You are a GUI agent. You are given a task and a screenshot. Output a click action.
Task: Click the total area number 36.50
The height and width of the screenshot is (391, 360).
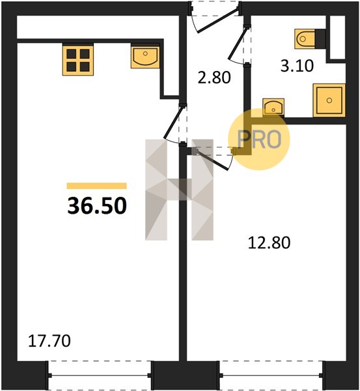97,206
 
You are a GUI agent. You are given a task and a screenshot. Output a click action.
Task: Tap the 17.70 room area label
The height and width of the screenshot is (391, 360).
49,341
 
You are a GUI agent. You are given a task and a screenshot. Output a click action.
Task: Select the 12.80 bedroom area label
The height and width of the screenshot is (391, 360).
269,242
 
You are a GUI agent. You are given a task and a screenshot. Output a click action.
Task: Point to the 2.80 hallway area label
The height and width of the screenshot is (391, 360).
214,78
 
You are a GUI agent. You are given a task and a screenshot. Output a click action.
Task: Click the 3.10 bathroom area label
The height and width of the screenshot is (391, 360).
297,66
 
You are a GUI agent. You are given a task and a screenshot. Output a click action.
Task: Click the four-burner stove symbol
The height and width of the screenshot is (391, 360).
78,60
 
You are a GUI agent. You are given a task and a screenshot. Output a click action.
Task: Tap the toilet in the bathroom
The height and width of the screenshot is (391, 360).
305,38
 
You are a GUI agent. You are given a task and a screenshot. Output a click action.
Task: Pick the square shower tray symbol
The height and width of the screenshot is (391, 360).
329,100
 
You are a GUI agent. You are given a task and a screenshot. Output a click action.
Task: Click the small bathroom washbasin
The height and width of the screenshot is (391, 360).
273,107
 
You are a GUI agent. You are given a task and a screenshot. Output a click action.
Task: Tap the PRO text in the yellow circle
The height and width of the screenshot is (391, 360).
259,139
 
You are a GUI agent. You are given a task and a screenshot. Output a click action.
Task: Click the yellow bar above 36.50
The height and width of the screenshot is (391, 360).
96,186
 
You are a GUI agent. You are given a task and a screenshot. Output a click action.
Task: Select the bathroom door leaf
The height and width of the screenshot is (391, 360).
238,44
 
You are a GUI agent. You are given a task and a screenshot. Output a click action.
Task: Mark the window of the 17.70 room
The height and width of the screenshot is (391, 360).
100,375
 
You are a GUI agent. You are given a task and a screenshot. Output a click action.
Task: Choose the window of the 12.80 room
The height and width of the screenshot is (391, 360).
271,375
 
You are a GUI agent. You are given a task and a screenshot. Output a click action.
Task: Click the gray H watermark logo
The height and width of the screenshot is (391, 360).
180,190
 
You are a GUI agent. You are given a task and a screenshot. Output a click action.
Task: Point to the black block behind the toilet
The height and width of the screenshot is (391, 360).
320,38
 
